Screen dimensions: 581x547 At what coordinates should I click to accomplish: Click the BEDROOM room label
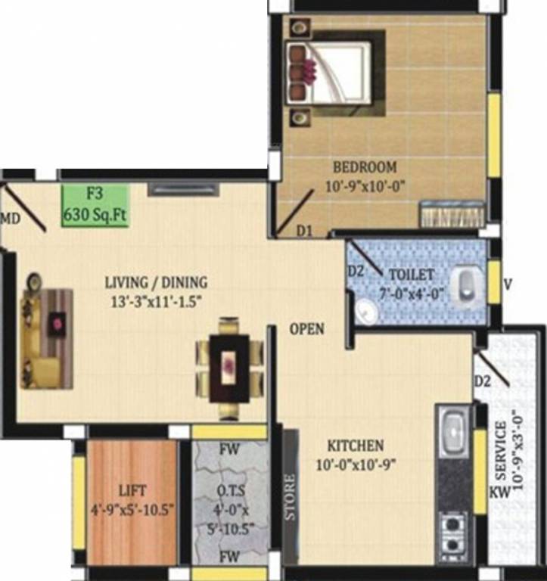point(365,166)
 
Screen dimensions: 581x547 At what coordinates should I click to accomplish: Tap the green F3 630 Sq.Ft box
point(95,205)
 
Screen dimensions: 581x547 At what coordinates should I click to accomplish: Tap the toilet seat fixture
point(469,284)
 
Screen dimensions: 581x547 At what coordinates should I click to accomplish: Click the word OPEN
point(306,329)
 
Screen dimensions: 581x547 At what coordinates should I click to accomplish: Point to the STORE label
point(291,496)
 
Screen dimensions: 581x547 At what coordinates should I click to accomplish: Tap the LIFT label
point(132,490)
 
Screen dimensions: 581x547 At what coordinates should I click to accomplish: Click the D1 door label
point(304,229)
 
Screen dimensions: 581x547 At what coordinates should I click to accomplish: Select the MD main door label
point(10,219)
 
